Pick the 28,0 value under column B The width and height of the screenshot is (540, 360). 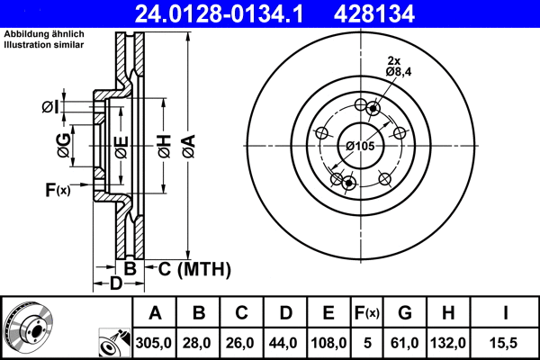(199, 342)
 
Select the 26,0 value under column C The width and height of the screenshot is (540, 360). (242, 342)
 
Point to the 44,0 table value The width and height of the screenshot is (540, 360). (285, 342)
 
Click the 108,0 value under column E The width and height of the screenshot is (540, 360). (328, 342)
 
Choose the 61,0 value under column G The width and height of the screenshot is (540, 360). (404, 342)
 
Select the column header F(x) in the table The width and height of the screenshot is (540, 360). (367, 313)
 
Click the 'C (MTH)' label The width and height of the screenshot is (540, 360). (189, 268)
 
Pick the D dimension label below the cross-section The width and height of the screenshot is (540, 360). (115, 284)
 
